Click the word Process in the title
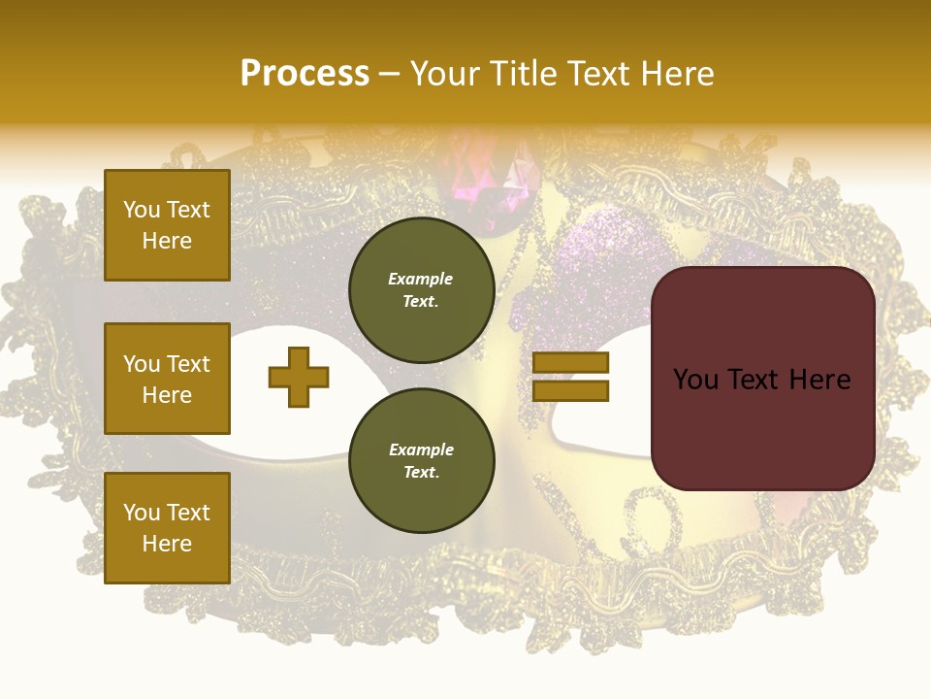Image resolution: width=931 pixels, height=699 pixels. pos(305,74)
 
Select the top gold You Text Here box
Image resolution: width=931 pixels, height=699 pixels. pos(167,225)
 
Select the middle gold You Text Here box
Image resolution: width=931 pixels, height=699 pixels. pos(167,379)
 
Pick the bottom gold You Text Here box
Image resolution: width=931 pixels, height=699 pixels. pos(167,527)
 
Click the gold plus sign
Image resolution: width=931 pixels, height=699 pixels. pos(299,377)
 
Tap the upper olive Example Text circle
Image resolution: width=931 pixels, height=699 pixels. pos(422,289)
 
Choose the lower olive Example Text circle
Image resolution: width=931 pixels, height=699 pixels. pos(422,460)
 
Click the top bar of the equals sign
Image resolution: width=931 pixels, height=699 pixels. pos(570,363)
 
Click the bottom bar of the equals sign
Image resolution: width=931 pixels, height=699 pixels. pos(570,390)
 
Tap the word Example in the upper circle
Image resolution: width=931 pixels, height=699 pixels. pos(421,279)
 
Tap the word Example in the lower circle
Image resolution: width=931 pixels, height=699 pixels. pos(421,449)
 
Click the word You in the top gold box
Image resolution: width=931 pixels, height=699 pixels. pos(142,210)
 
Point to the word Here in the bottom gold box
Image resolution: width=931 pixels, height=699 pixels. pos(167,544)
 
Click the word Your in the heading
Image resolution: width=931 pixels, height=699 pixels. pos(446,74)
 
